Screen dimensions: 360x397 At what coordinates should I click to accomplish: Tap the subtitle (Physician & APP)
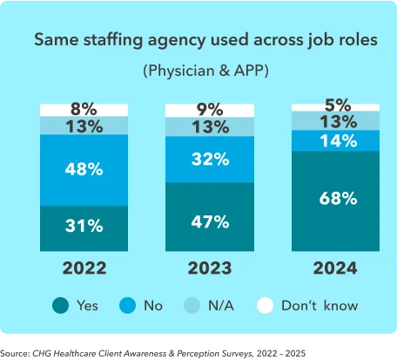[205, 70]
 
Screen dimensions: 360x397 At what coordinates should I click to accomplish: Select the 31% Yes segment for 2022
[84, 226]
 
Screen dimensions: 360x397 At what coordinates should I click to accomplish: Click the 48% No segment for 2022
[84, 169]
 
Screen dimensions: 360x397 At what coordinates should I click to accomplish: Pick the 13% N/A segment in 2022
[84, 127]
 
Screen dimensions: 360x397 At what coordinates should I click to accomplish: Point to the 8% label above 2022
[84, 110]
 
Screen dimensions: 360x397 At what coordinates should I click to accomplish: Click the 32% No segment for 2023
[209, 160]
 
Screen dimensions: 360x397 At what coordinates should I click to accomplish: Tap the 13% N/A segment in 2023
[209, 127]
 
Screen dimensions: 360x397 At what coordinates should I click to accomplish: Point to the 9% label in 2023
[209, 110]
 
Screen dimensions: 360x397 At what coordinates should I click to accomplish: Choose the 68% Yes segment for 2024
[336, 198]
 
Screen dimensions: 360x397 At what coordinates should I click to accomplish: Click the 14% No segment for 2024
[336, 140]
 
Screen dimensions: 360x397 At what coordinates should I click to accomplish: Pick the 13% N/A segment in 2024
[336, 120]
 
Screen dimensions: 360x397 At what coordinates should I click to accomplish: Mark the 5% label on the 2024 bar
[336, 105]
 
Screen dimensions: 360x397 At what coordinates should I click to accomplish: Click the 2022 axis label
[84, 268]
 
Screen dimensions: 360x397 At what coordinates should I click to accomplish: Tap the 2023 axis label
[209, 268]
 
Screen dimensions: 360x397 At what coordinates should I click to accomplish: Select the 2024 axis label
[336, 268]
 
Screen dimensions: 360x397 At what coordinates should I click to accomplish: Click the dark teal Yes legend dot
[60, 306]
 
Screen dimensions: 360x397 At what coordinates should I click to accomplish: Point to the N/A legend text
[221, 306]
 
